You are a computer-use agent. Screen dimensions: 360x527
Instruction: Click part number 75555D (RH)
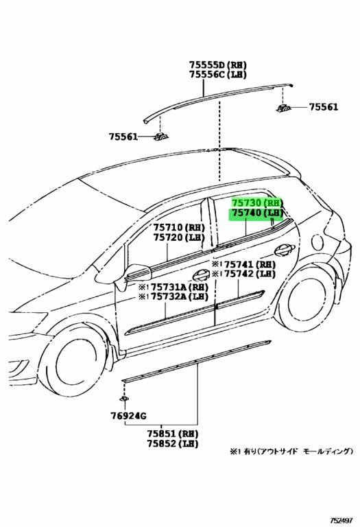tap(217, 65)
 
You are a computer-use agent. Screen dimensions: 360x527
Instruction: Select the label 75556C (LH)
tap(217, 74)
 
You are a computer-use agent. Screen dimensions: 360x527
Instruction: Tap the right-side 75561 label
tap(324, 107)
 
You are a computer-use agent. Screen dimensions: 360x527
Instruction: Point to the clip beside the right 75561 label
tap(284, 108)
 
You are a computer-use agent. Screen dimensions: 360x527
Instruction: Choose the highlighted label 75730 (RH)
tap(257, 202)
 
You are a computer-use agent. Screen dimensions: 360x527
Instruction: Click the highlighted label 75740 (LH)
tap(257, 213)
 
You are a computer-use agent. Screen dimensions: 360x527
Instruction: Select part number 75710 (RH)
tap(179, 227)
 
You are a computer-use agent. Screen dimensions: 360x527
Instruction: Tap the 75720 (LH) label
tap(179, 237)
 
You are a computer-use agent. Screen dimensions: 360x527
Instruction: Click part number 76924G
tap(128, 416)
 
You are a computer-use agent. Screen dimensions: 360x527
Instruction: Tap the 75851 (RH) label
tap(172, 434)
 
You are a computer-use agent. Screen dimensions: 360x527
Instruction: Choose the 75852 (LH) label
tap(172, 444)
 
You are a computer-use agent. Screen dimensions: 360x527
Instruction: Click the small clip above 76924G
tap(125, 399)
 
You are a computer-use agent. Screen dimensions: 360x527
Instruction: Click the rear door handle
tap(285, 250)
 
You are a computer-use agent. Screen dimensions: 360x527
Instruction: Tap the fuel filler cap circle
tap(317, 242)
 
